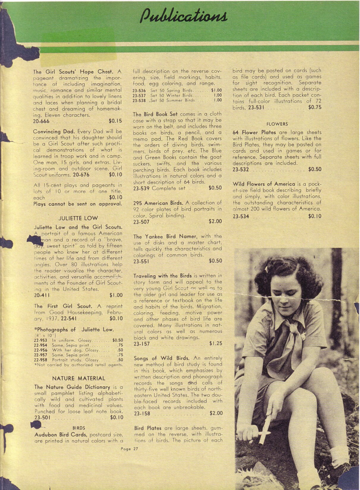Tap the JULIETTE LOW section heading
(x=78, y=218)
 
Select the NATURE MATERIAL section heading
(x=78, y=378)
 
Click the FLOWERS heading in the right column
(x=277, y=124)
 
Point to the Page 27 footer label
(x=129, y=449)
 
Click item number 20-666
(x=41, y=121)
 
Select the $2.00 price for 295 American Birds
(x=215, y=221)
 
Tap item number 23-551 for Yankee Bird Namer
(x=141, y=262)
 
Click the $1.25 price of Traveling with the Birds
(x=216, y=343)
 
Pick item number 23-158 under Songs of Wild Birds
(x=142, y=413)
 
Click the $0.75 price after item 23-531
(x=315, y=107)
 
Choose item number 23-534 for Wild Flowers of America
(x=241, y=216)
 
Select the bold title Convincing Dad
(x=54, y=131)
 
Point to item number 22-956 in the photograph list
(x=41, y=350)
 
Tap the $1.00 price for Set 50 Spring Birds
(x=216, y=90)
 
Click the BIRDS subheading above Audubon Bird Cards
(x=79, y=428)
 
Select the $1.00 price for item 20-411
(x=116, y=295)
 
